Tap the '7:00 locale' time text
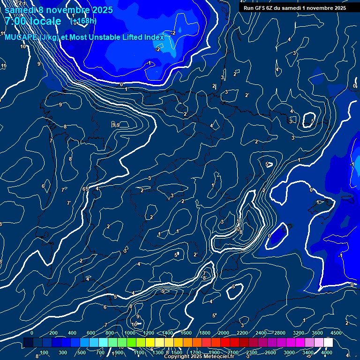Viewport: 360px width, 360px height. point(33,21)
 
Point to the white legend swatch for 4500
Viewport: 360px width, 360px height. point(328,343)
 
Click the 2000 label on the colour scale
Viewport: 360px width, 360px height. point(223,333)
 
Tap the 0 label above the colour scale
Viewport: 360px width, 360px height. point(32,333)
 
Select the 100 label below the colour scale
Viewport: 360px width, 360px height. point(44,352)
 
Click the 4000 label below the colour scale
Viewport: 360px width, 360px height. point(326,352)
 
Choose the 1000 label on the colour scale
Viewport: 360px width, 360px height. point(130,333)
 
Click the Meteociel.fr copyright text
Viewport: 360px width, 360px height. point(199,357)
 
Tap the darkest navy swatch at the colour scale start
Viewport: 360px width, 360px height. point(28,343)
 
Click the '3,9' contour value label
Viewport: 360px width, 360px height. point(116,125)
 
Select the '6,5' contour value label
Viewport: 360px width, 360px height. point(85,189)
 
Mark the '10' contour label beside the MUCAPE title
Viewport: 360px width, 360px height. point(23,46)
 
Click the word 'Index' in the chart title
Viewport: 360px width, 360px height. point(153,37)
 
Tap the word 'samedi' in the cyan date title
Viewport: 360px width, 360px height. point(17,10)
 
